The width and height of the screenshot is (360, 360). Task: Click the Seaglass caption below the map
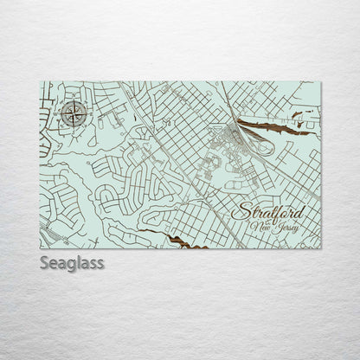point(72,262)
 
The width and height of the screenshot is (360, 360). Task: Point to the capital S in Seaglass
point(45,262)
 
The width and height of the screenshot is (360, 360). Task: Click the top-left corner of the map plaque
point(40,82)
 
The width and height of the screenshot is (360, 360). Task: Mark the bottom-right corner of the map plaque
point(321,248)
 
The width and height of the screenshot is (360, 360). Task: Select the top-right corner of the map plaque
point(321,82)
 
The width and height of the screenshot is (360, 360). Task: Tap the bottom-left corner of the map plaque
point(40,248)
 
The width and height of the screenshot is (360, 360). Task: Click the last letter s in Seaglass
point(100,262)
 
